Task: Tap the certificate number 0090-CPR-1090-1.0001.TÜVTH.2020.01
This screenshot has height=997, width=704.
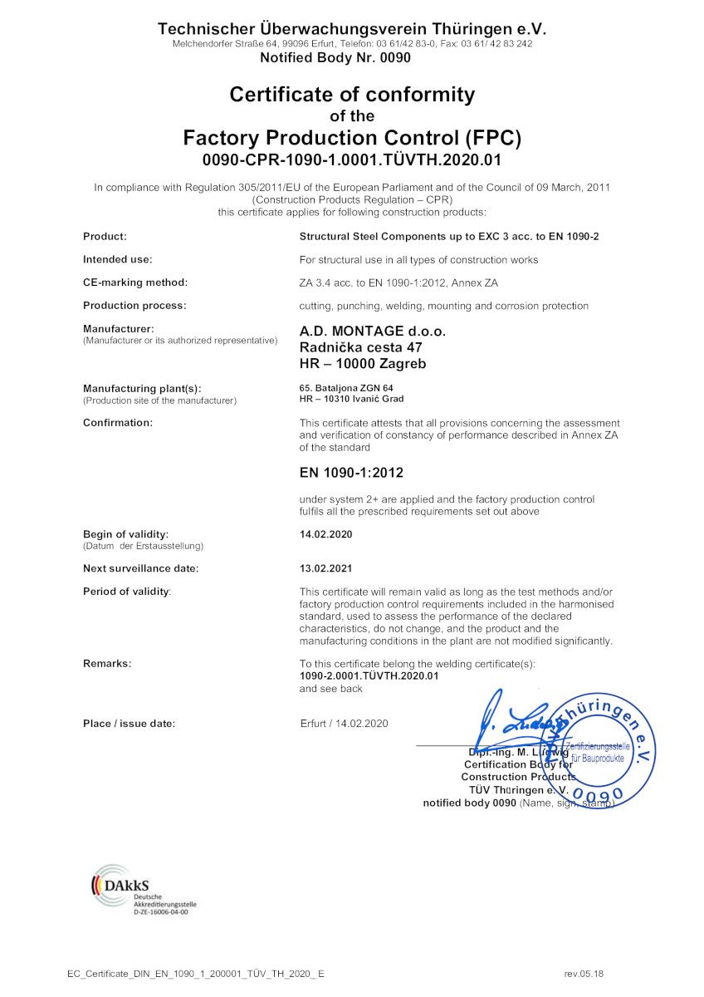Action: click(352, 159)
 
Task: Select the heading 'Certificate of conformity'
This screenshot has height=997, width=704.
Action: click(352, 95)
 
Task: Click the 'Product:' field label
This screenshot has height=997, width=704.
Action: click(105, 237)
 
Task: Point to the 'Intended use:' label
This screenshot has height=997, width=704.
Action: click(117, 259)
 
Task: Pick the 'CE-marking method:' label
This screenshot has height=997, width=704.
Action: click(135, 282)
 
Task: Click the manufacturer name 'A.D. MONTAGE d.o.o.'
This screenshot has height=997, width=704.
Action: click(372, 332)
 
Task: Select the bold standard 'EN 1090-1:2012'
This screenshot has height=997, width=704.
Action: click(351, 473)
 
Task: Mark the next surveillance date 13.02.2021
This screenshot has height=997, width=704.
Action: click(326, 568)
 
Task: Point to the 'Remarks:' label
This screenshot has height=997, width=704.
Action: click(107, 663)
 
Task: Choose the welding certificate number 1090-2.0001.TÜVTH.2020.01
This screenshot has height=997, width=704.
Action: click(369, 676)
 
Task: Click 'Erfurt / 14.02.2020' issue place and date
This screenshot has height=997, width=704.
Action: click(344, 724)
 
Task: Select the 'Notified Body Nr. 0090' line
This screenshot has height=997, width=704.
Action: click(335, 58)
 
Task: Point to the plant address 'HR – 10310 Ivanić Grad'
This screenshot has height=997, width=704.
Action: click(351, 399)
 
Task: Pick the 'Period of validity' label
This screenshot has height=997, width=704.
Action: click(127, 592)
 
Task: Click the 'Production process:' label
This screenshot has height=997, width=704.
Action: click(134, 306)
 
